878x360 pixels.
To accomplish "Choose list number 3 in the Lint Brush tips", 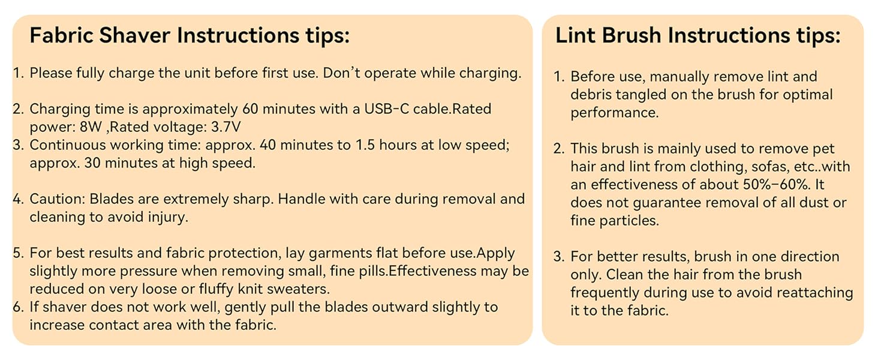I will (559, 257).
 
